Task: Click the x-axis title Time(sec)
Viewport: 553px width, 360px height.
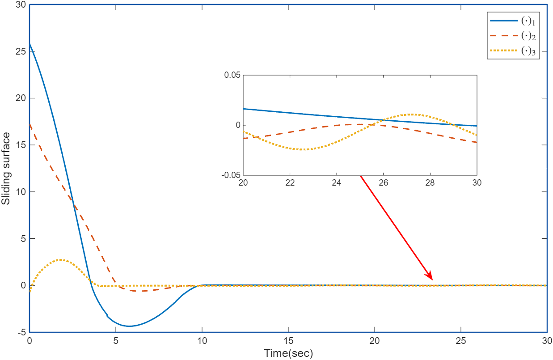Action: [x=288, y=353]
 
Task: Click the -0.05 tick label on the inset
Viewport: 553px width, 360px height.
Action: [x=230, y=175]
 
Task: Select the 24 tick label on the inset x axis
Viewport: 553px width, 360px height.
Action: [x=337, y=183]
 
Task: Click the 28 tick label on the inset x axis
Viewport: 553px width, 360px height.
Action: [x=430, y=183]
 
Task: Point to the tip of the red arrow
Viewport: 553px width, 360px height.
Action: [x=432, y=280]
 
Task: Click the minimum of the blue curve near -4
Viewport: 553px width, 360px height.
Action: [x=129, y=326]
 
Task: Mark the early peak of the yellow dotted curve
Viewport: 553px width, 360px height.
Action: [x=61, y=259]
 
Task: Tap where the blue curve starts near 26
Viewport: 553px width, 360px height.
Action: [x=30, y=43]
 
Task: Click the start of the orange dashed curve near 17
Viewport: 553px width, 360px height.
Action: [x=30, y=124]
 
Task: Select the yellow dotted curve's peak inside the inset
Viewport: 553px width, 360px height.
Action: [x=412, y=114]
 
